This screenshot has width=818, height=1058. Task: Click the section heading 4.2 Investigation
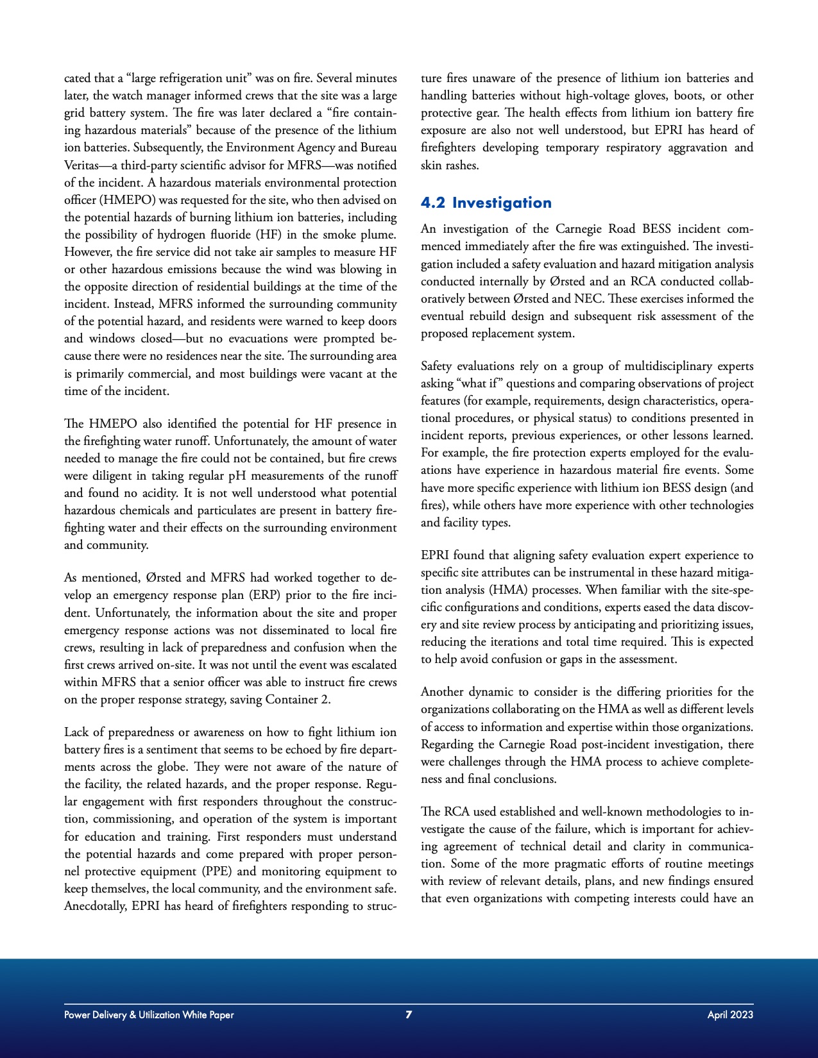pos(486,203)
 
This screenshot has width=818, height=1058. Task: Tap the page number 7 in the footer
pos(409,1014)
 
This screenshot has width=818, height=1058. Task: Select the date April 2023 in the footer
pos(730,1014)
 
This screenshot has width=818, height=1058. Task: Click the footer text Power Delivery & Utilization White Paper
pos(149,1014)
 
